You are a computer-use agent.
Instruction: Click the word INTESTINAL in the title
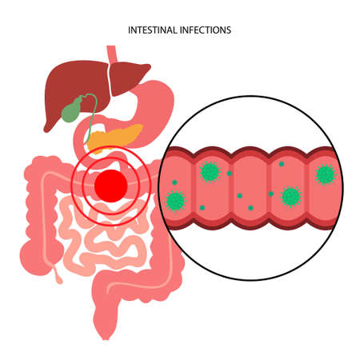[153, 30]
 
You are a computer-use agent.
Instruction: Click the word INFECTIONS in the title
[207, 30]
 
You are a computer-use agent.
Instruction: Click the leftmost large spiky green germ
[175, 201]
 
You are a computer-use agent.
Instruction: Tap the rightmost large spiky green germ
[325, 174]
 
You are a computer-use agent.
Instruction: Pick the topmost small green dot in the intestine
[281, 164]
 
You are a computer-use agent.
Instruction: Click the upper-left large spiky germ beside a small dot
[210, 170]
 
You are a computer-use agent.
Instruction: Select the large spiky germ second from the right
[290, 195]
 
